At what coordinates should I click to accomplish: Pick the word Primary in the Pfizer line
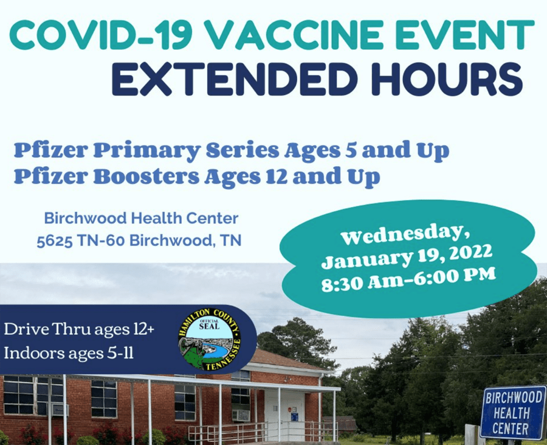point(147,151)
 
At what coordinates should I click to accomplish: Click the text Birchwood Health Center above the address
point(141,219)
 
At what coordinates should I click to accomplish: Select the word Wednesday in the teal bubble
point(404,235)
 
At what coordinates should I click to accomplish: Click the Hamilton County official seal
point(209,339)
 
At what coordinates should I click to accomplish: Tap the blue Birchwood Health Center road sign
point(512,413)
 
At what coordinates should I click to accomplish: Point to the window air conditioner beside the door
point(241,415)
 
